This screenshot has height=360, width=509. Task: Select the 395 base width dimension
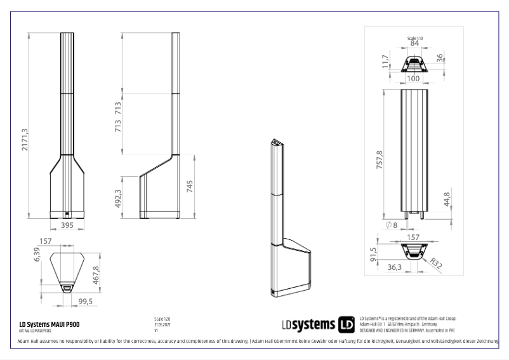[x=67, y=225]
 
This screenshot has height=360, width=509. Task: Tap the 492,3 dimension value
[x=117, y=197]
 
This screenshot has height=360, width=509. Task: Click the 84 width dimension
[x=414, y=43]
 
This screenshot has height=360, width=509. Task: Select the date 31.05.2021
[x=163, y=324]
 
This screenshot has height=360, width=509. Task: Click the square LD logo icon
[x=347, y=324]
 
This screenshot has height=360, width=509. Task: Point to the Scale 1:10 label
[x=414, y=37]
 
